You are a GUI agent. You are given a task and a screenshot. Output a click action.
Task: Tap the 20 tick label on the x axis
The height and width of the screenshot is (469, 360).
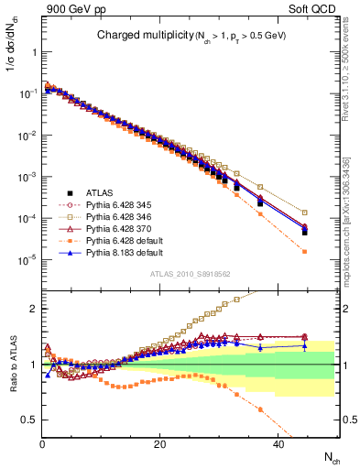tap(159, 442)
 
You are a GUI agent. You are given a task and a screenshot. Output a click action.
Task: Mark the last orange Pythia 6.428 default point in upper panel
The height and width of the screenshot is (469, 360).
tap(304, 252)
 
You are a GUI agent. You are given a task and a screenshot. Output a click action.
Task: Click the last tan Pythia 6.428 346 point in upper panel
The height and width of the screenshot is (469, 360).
tap(304, 213)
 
